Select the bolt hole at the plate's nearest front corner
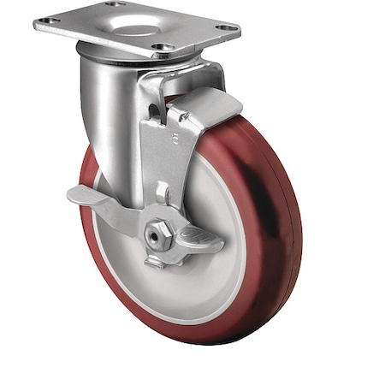pyautogui.click(x=160, y=46)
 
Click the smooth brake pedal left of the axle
pyautogui.click(x=94, y=198)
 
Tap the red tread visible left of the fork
pyautogui.click(x=88, y=171)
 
